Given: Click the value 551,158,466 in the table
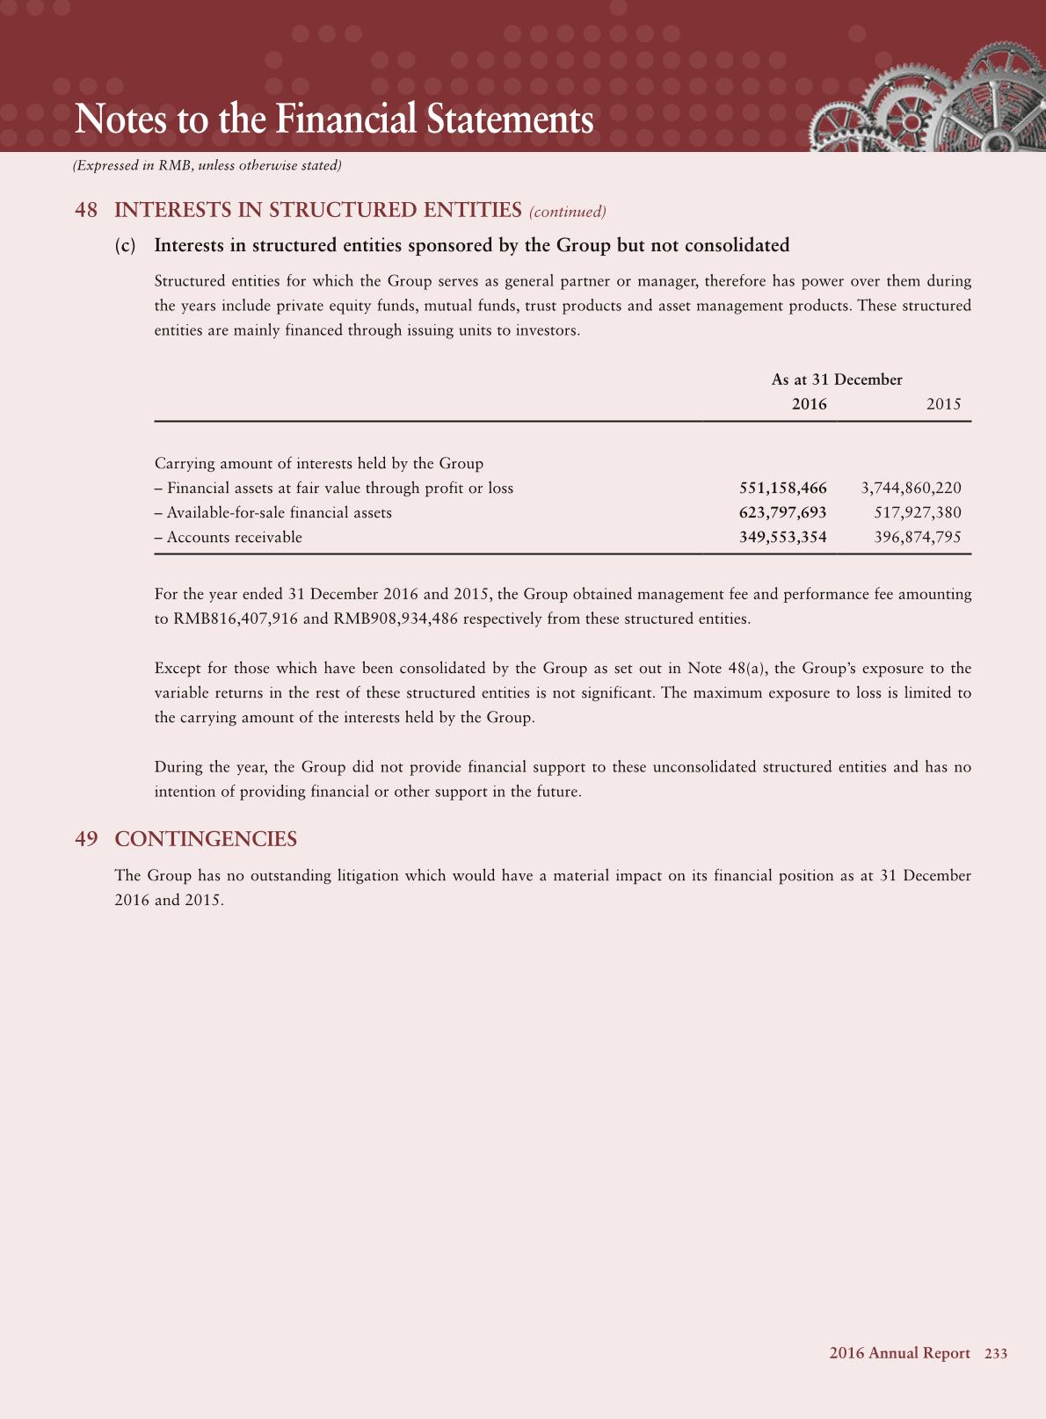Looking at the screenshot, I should pyautogui.click(x=782, y=488).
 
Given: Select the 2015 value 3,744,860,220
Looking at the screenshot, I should pyautogui.click(x=912, y=488).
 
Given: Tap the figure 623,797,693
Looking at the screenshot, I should pyautogui.click(x=782, y=512).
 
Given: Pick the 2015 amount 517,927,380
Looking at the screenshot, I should pyautogui.click(x=918, y=512).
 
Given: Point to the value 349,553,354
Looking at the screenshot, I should pyautogui.click(x=782, y=537).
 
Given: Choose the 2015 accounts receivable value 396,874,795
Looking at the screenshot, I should pyautogui.click(x=918, y=537).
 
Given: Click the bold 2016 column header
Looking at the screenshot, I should pyautogui.click(x=809, y=404).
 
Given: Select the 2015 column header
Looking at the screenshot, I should pyautogui.click(x=943, y=404).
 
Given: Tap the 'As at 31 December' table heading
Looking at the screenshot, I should pyautogui.click(x=836, y=380).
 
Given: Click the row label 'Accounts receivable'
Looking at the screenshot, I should pyautogui.click(x=234, y=537).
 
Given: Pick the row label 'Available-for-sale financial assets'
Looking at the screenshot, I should pyautogui.click(x=279, y=512).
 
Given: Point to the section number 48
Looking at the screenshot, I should pyautogui.click(x=86, y=210).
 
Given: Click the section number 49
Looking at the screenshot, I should pyautogui.click(x=86, y=839).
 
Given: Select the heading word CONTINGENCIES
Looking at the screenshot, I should pyautogui.click(x=206, y=839).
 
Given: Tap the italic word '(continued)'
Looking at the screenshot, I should pyautogui.click(x=567, y=212).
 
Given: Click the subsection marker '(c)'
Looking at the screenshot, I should pyautogui.click(x=126, y=245).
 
